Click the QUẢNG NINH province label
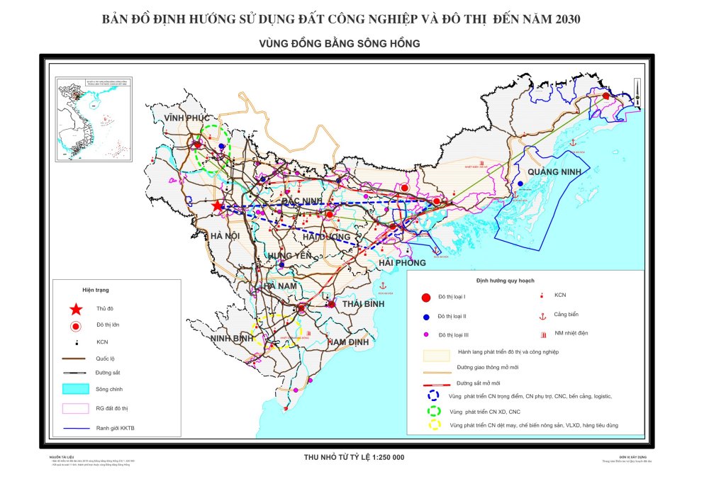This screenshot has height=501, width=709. coord(553,172)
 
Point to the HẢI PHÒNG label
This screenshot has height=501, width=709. coord(402,263)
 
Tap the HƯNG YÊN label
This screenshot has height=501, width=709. coord(289,256)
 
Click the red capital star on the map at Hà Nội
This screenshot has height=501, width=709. coord(217,206)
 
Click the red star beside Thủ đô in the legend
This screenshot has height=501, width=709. coord(74,309)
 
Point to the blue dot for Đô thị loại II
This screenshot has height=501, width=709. coord(426,317)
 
